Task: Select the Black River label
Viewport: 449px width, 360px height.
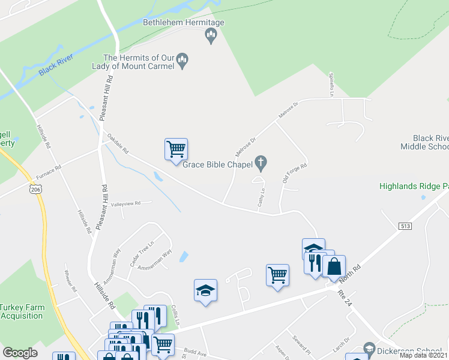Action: pos(56,67)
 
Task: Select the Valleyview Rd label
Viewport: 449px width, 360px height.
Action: pos(125,203)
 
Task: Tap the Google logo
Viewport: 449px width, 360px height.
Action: pos(20,353)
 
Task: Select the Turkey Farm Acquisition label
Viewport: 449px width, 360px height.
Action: pos(22,311)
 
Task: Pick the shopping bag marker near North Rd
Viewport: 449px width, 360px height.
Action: pos(334,265)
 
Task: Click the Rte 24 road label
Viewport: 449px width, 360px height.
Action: pos(343,298)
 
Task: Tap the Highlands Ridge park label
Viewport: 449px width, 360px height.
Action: pos(414,186)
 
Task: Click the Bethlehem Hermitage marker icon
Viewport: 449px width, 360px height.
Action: pos(210,35)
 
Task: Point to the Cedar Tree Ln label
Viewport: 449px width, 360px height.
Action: pos(143,254)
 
